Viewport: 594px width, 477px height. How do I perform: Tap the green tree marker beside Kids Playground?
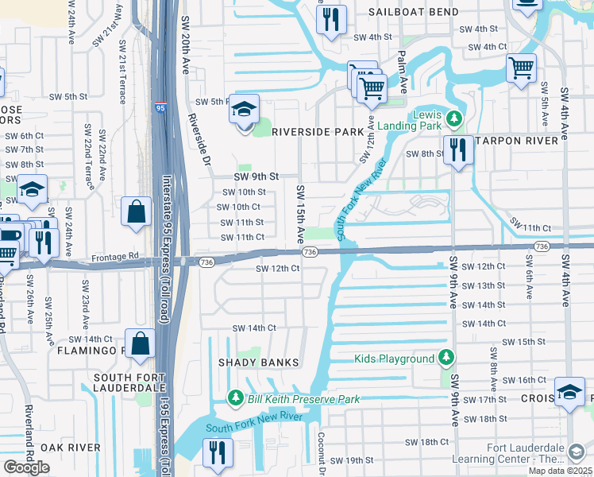tap(446, 359)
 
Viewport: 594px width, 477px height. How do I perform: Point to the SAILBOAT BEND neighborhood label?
tap(413, 13)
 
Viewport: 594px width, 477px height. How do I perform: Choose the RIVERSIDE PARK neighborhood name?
tap(312, 132)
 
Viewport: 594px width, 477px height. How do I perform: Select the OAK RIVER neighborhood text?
tap(71, 448)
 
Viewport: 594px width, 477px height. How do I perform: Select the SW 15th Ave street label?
tap(300, 214)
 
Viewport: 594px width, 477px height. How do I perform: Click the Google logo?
tap(26, 467)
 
